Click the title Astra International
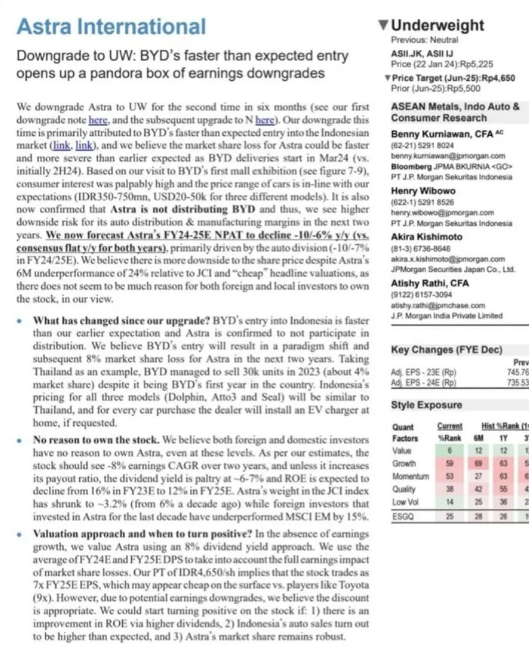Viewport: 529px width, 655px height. pos(111,26)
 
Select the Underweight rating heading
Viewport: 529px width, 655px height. pos(437,25)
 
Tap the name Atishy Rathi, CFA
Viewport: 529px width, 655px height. pos(430,283)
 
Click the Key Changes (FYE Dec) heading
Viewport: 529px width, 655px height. pos(447,350)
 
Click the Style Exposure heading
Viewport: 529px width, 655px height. pos(426,405)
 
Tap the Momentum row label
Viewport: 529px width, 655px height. pos(410,476)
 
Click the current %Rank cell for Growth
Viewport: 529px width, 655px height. pos(450,463)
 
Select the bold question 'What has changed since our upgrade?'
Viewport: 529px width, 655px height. pos(121,321)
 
